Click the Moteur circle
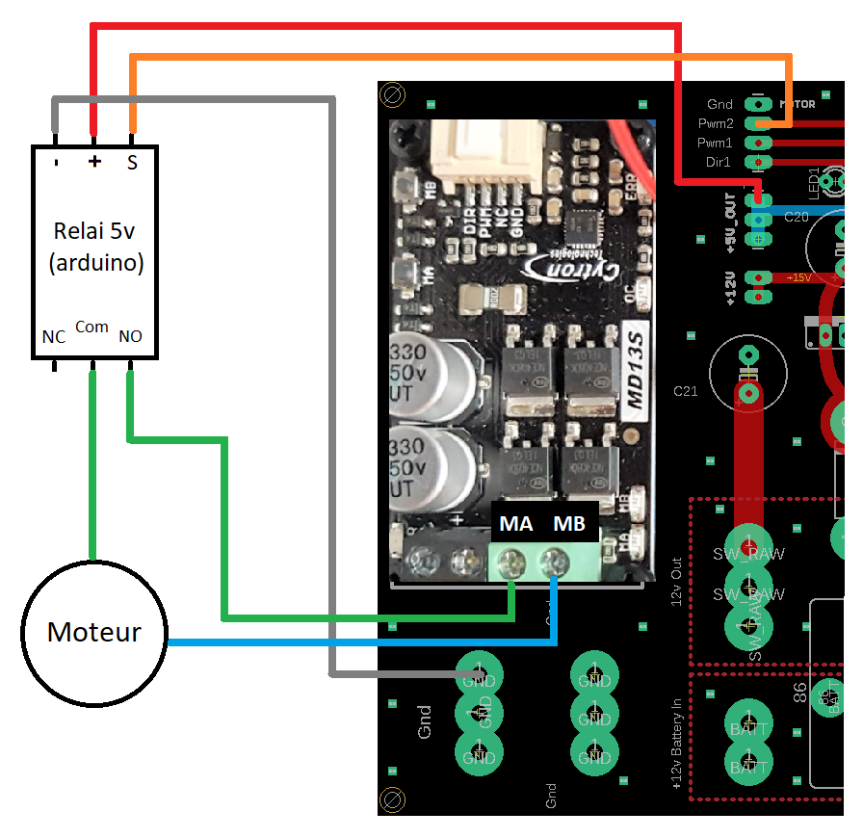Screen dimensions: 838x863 click(x=93, y=633)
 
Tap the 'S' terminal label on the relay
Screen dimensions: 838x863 click(x=132, y=163)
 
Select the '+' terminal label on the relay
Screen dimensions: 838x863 click(x=94, y=162)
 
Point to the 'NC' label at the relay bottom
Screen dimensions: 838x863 click(x=54, y=336)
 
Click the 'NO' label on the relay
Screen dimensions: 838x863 click(x=130, y=336)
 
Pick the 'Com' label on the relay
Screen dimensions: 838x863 click(x=92, y=327)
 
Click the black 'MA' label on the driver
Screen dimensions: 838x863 click(x=516, y=525)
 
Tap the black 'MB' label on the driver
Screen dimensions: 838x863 click(x=568, y=525)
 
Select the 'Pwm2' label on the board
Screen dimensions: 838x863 click(x=716, y=123)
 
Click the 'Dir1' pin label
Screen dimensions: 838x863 click(x=718, y=162)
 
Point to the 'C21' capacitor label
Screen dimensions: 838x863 click(x=685, y=392)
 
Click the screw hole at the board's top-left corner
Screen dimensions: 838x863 click(x=392, y=94)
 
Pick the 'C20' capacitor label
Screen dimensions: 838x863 click(x=796, y=218)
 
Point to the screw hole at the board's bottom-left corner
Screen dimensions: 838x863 click(x=392, y=799)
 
